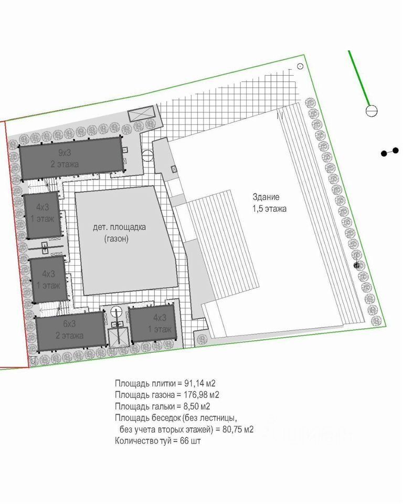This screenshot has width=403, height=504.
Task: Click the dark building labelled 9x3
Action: point(70,158)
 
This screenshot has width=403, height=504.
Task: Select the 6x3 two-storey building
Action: point(70,330)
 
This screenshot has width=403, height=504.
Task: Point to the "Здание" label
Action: point(266,197)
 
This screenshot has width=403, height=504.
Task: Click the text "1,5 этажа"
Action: point(269,208)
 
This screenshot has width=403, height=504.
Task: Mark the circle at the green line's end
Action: point(372,110)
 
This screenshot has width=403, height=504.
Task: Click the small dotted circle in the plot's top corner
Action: point(300,66)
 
